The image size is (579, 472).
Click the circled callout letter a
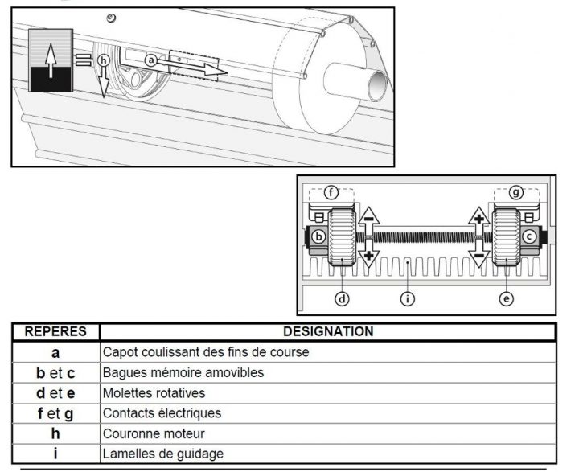click(x=150, y=60)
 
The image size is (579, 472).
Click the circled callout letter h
click(x=102, y=60)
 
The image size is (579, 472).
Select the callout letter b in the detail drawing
click(x=320, y=237)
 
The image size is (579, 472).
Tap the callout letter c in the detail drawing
click(x=529, y=236)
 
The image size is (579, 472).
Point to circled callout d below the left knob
click(x=342, y=299)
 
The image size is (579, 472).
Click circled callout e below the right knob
click(x=506, y=299)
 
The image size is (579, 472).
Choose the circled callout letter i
click(x=408, y=299)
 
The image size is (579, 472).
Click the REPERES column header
click(x=55, y=331)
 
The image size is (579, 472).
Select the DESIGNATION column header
click(x=327, y=331)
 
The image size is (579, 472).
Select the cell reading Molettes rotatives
click(x=154, y=393)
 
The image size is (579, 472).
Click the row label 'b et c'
click(x=55, y=372)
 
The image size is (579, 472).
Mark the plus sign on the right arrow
click(x=479, y=218)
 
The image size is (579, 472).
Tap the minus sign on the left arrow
click(x=369, y=218)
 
